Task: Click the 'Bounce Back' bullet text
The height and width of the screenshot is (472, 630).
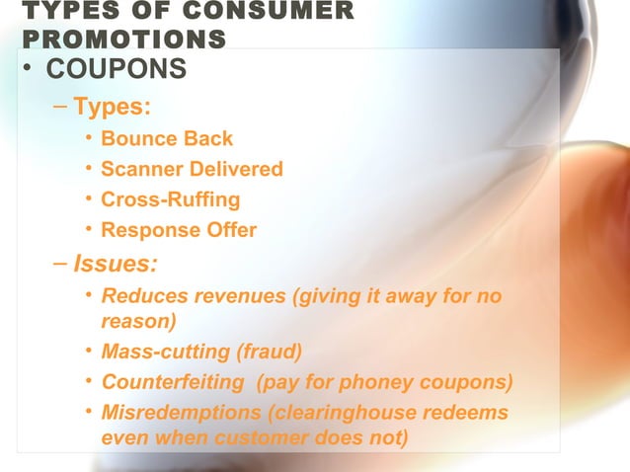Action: [167, 138]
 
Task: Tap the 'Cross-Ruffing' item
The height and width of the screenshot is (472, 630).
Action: [170, 199]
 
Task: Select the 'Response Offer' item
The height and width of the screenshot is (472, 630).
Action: [178, 230]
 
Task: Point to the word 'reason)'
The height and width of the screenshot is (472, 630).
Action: [138, 321]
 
